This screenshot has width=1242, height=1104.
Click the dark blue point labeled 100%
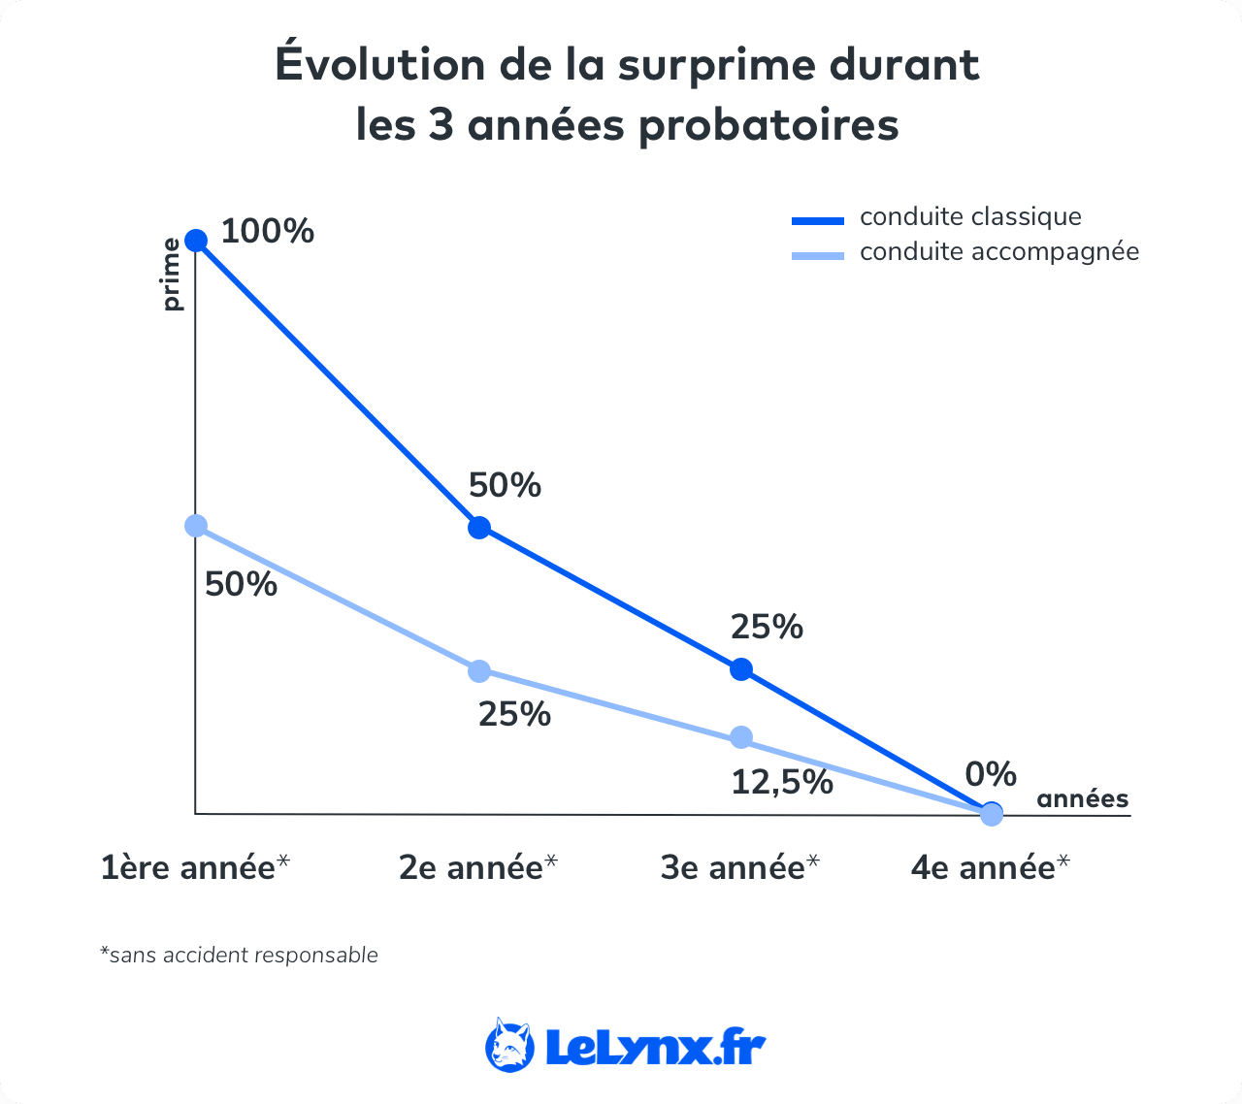coord(196,241)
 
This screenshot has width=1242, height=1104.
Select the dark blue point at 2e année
coord(479,528)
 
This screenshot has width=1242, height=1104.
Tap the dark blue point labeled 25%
coord(741,668)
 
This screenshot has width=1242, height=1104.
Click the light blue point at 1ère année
coord(196,526)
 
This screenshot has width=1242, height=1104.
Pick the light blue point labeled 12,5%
coord(741,737)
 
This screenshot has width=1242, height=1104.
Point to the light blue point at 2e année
coord(479,670)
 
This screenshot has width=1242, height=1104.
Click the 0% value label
coord(991,774)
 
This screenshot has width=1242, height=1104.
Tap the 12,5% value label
coord(782,782)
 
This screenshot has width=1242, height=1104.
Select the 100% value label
coord(268,232)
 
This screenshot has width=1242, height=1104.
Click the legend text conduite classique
coord(970,217)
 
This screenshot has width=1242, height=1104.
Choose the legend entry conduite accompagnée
coord(999,252)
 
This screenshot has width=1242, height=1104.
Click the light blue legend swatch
coord(817,255)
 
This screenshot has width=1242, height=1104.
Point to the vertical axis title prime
coord(172,275)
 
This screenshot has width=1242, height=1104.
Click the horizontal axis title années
coord(1083,799)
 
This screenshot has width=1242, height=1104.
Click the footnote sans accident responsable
coord(240,956)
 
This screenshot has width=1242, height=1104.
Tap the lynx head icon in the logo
coord(510,1046)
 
